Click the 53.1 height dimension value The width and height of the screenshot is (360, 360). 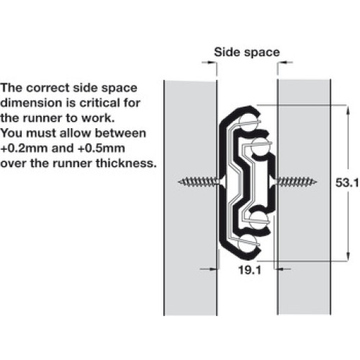point(347,183)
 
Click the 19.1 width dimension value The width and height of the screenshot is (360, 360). point(250,270)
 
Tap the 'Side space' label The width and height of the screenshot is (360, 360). point(247,52)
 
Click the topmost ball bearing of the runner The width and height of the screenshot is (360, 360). point(247,123)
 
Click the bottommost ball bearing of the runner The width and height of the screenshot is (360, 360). point(247,242)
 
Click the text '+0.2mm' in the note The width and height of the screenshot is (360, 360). point(24,148)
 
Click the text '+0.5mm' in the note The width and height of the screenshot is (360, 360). point(102,148)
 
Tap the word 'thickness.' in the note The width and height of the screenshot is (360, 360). point(126,163)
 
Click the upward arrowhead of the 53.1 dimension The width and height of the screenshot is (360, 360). point(348,110)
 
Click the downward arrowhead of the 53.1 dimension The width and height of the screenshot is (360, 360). point(348,256)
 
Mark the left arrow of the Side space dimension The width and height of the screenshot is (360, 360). point(209,63)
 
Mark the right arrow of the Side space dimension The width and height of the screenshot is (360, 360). point(285,63)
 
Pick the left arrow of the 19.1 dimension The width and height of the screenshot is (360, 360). point(210,269)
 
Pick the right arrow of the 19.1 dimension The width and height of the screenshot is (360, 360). point(283,269)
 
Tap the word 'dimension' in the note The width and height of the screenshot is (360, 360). point(31,103)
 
